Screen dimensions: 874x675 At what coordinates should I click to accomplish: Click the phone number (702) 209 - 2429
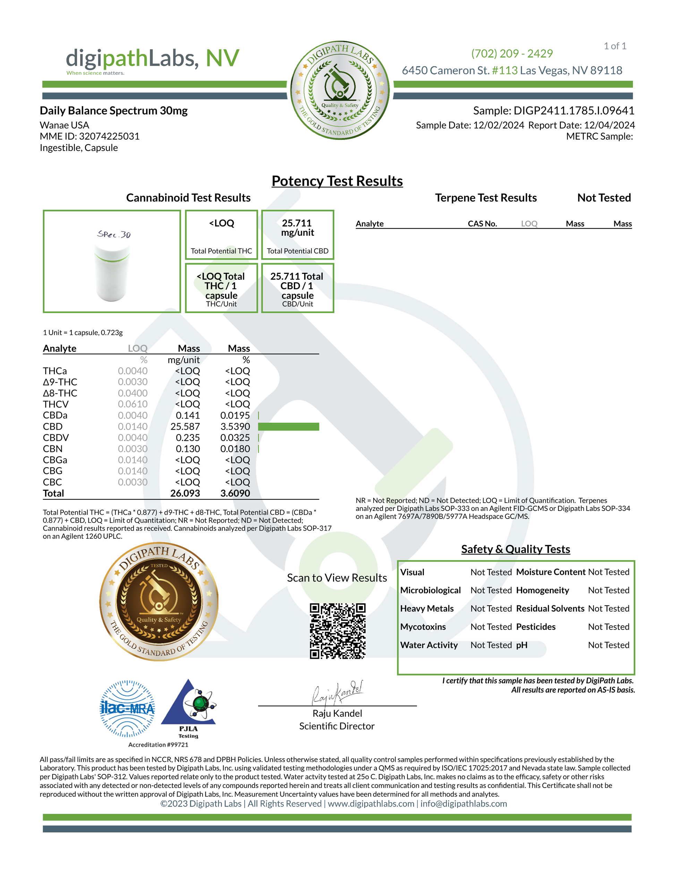point(512,53)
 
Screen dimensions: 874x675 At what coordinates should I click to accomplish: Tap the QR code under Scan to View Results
point(337,631)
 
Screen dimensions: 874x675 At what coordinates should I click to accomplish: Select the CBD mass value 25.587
point(185,427)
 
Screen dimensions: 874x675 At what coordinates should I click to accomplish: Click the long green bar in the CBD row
point(288,427)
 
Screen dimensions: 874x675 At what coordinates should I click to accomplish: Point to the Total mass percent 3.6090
point(235,494)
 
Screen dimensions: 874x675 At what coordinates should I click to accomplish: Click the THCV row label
point(55,404)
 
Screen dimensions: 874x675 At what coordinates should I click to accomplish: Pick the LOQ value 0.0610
point(133,404)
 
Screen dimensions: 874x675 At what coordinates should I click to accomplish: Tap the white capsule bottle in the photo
point(112,272)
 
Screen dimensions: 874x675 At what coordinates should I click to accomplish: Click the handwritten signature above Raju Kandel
point(337,693)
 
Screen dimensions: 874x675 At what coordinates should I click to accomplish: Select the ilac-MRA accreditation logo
point(127,709)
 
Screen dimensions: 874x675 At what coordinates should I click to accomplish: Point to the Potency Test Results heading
point(337,181)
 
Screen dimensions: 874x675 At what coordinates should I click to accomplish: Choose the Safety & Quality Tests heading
point(515,549)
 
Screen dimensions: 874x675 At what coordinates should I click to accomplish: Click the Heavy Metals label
point(427,609)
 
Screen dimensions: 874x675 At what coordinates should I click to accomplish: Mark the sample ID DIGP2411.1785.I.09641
point(574,110)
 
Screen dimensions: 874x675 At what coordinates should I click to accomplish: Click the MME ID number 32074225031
point(109,136)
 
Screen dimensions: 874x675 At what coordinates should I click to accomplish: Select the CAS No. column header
point(482,224)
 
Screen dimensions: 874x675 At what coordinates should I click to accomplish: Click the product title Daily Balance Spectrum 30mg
point(113,110)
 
